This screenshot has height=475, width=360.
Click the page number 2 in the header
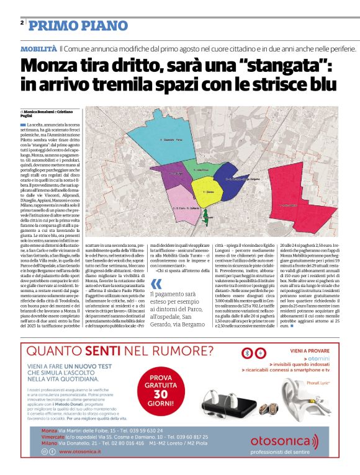(x=22, y=22)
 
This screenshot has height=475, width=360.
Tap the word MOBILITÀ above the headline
(x=38, y=48)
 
